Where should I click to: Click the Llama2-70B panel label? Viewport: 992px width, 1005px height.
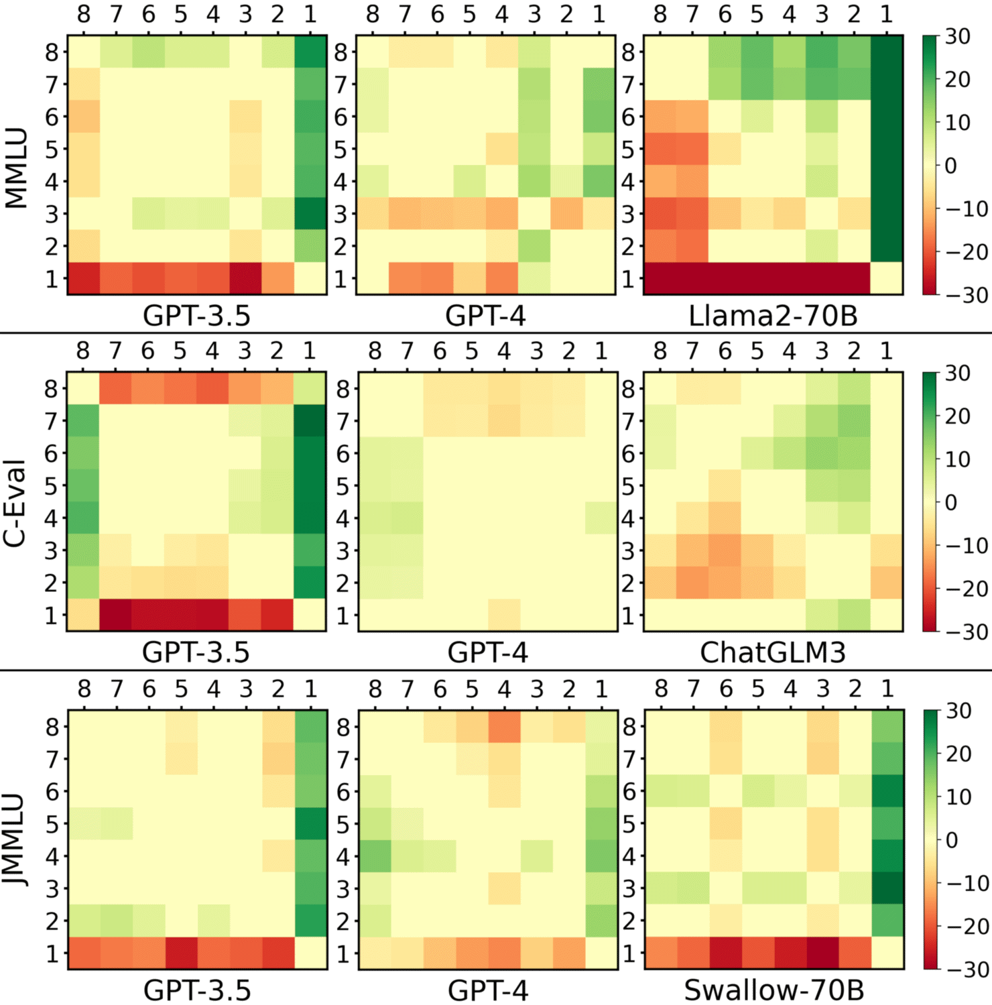[773, 315]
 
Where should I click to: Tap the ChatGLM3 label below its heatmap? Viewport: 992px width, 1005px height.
[773, 652]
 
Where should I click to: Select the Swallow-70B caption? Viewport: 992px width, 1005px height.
[773, 990]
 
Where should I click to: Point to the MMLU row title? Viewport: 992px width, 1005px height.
[16, 168]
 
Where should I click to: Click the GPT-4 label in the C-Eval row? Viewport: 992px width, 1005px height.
[487, 652]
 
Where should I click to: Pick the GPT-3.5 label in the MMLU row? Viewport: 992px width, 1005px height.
[196, 315]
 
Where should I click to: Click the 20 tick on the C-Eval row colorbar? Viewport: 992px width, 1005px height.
[958, 416]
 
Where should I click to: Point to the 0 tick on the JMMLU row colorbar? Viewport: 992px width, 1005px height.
[951, 840]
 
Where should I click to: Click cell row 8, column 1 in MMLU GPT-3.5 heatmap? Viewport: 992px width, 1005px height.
[310, 52]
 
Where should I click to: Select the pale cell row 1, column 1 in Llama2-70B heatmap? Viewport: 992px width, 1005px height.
[887, 278]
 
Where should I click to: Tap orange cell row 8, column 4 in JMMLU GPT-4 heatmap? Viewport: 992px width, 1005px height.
[504, 727]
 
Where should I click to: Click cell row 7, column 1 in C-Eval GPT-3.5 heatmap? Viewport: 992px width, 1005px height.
[310, 421]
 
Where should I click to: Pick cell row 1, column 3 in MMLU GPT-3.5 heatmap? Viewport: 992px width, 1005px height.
[245, 278]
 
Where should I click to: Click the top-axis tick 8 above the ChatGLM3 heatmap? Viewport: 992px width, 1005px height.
[660, 351]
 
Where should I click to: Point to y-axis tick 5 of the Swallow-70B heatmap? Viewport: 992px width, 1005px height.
[629, 824]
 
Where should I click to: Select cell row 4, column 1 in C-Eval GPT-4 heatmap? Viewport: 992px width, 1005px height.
[601, 518]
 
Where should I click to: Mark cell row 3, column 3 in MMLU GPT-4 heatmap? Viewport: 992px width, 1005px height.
[534, 214]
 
